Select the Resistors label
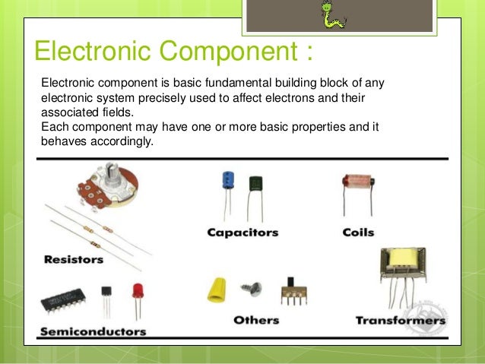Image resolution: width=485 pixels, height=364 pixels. [x=74, y=259]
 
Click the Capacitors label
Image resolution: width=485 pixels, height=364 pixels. [x=242, y=233]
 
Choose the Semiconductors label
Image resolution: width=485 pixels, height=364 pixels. [x=93, y=332]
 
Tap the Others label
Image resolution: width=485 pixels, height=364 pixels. [x=256, y=320]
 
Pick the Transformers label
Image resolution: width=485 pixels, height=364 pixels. [x=400, y=321]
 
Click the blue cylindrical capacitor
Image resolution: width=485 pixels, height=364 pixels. [x=227, y=180]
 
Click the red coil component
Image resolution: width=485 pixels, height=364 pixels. [x=357, y=182]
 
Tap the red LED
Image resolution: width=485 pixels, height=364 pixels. [x=138, y=291]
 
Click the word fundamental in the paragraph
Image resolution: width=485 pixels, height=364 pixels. [x=203, y=82]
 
